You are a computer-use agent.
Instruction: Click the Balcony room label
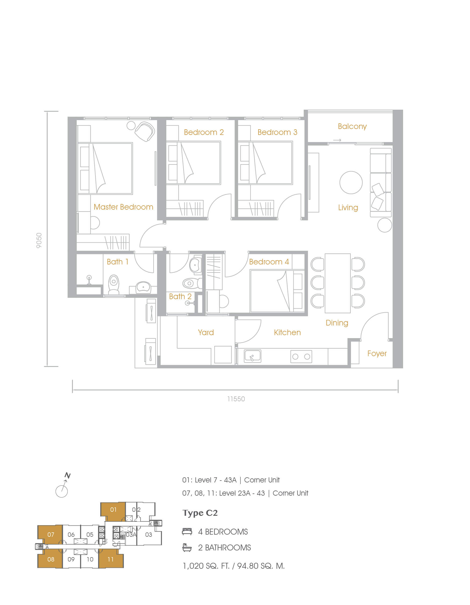[352, 127]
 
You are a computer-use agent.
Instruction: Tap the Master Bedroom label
[123, 207]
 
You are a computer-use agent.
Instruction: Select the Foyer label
[377, 354]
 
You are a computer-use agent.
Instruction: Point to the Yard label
[206, 332]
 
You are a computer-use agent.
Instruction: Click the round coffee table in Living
[351, 182]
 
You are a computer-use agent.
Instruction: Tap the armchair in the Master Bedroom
[145, 132]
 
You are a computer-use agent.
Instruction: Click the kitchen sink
[252, 356]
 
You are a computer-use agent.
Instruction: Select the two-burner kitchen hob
[301, 356]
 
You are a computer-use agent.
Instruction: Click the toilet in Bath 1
[114, 285]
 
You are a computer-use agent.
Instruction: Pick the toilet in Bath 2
[192, 283]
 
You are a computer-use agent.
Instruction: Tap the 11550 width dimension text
[236, 399]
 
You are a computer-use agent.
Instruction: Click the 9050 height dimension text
[39, 241]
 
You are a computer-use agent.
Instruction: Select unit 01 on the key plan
[113, 511]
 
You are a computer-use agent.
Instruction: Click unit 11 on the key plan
[111, 559]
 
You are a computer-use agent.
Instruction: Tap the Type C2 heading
[200, 513]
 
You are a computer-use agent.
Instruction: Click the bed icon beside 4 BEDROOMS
[187, 531]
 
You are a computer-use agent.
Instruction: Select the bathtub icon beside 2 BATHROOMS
[187, 547]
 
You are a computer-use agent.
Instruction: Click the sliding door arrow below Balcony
[337, 140]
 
